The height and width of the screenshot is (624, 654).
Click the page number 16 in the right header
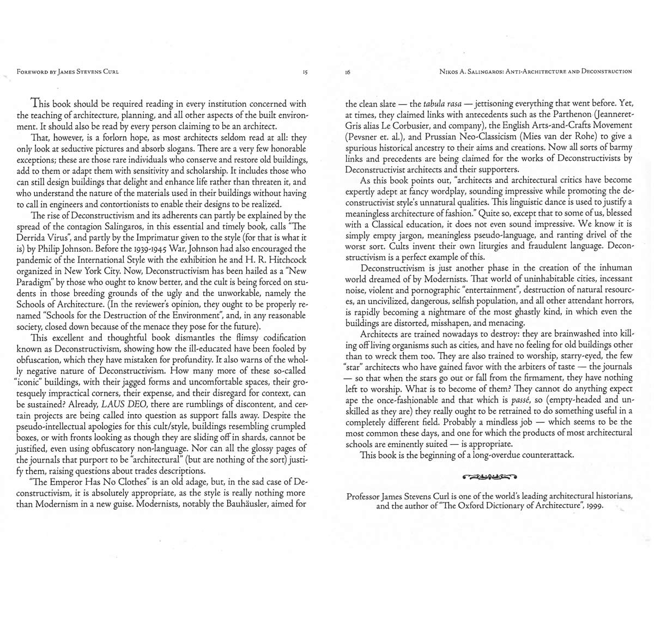(x=348, y=71)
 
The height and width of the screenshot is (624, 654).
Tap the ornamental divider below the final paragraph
(x=489, y=478)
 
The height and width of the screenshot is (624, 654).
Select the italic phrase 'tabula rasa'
(x=443, y=104)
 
